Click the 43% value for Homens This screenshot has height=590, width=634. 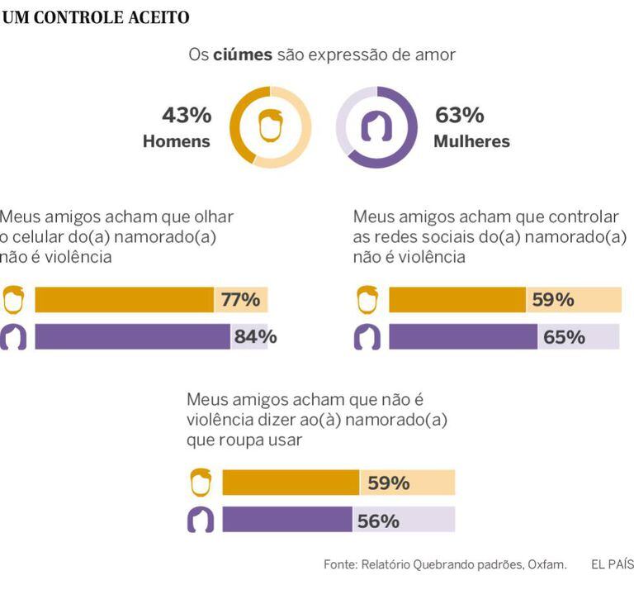point(186,115)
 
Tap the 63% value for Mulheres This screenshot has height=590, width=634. point(459,115)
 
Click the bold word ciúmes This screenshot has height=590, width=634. point(243,55)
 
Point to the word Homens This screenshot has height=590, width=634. point(177,141)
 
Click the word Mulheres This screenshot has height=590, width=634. point(471,141)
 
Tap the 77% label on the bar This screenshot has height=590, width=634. point(240,299)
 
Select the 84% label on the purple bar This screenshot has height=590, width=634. point(255,336)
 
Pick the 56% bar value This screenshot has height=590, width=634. point(378,521)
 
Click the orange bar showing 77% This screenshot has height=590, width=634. point(124,299)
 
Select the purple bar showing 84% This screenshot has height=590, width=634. point(132,336)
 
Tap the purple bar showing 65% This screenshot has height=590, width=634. point(462,336)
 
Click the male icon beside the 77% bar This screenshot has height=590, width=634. point(13,299)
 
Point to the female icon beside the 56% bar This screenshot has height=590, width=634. point(201,521)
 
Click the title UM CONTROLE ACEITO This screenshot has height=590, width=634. point(96,17)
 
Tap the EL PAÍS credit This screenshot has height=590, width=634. point(612,565)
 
